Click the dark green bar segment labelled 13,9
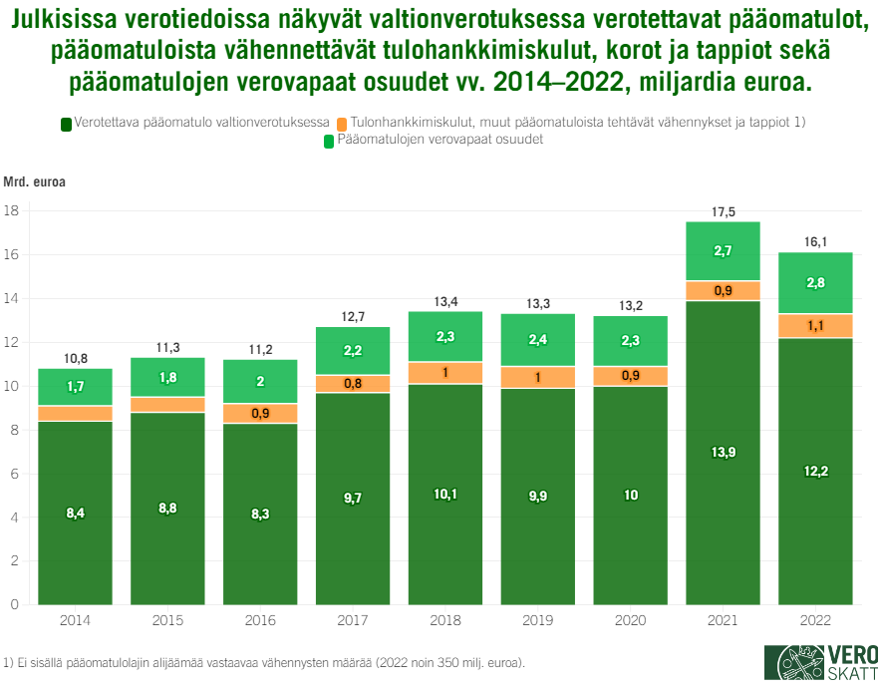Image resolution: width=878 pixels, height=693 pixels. point(723,452)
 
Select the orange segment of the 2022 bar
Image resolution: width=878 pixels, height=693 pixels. point(815,326)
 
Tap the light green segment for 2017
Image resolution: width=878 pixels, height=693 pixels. point(353,351)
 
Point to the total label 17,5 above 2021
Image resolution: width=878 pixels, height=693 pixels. point(723,211)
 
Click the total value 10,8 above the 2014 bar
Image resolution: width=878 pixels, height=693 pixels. point(75,358)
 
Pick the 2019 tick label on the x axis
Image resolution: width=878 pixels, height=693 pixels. point(537,620)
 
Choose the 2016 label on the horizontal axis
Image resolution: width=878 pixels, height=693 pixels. point(260,620)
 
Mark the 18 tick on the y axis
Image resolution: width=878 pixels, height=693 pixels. point(12,211)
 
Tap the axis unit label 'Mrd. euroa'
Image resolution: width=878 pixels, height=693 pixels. point(35,181)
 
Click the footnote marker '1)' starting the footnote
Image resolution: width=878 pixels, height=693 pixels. point(9,662)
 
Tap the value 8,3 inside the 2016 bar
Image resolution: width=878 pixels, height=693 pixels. point(260,513)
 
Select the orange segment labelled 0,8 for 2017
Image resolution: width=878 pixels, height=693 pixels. point(353,384)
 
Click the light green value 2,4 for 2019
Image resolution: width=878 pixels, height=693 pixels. point(537,340)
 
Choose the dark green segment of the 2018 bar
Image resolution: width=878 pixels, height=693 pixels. point(445,494)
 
